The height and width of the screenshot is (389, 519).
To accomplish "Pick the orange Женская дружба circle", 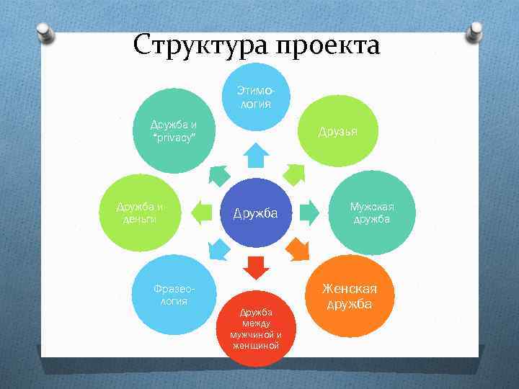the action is [x=349, y=296].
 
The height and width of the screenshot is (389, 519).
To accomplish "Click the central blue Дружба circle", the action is [x=256, y=213].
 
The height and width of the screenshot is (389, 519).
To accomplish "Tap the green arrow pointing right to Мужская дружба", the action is [x=309, y=213].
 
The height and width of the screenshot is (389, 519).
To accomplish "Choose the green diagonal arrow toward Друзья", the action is [x=295, y=174].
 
